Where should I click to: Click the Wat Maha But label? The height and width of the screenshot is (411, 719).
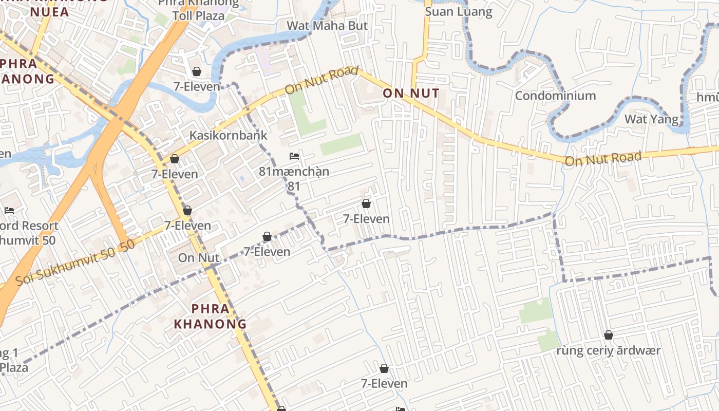click(x=327, y=26)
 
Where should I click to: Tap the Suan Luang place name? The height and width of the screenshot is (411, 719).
click(x=459, y=12)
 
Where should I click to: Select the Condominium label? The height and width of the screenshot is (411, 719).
click(x=555, y=96)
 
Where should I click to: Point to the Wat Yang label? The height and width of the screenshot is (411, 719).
click(x=651, y=119)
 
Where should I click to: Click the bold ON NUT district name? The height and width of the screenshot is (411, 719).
click(x=411, y=93)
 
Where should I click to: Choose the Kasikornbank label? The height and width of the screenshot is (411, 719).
click(x=228, y=135)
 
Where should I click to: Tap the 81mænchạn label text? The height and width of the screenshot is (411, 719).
click(x=294, y=172)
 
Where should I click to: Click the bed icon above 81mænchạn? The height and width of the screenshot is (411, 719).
click(x=294, y=156)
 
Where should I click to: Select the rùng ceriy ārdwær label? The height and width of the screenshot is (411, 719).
click(x=609, y=351)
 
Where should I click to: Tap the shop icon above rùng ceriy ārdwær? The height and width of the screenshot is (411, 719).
click(x=609, y=335)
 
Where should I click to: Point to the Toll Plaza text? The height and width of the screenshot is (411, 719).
click(x=198, y=15)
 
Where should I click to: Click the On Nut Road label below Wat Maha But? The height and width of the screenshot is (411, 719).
click(x=321, y=80)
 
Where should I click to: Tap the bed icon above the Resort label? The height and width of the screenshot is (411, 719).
click(x=9, y=210)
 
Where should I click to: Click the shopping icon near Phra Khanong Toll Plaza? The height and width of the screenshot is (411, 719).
click(x=196, y=71)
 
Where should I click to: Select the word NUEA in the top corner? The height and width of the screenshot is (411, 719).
click(x=50, y=12)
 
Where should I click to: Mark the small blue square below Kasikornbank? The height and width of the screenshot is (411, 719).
click(x=242, y=178)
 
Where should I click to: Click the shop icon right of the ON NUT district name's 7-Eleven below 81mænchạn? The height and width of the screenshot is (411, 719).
click(x=366, y=203)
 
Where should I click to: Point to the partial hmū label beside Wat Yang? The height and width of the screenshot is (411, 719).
click(x=708, y=97)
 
